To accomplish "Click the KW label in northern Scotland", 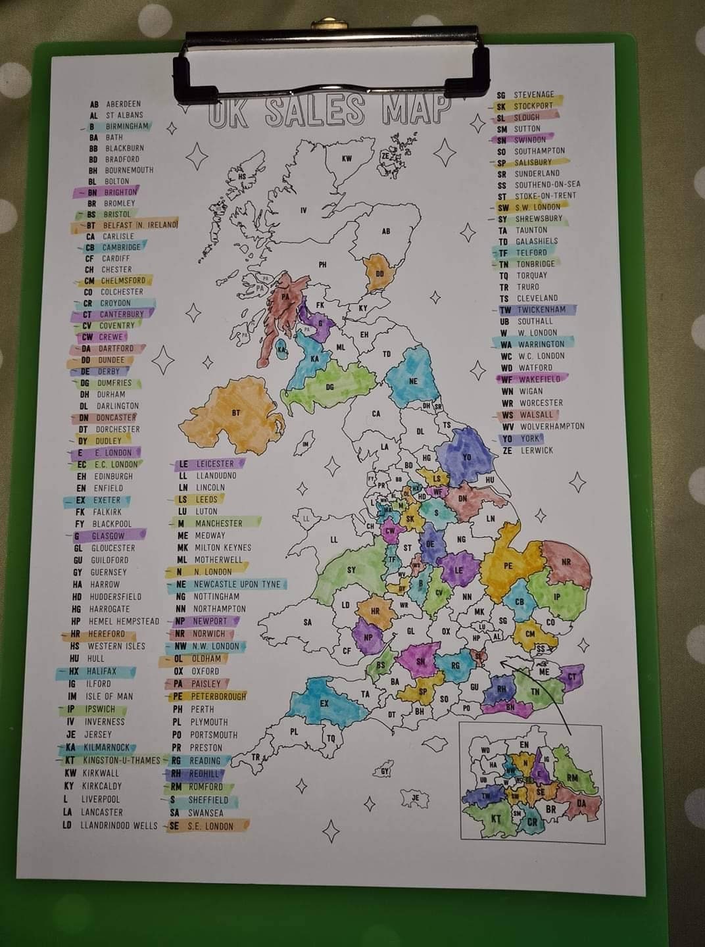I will click(347, 158).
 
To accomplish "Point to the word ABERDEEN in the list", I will click(123, 104).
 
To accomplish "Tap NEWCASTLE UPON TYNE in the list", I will click(237, 584).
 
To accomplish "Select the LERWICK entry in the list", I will click(537, 450).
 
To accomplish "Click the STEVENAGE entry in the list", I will click(533, 95).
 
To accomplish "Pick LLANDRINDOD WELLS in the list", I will click(118, 825).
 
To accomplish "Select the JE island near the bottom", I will click(415, 798).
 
